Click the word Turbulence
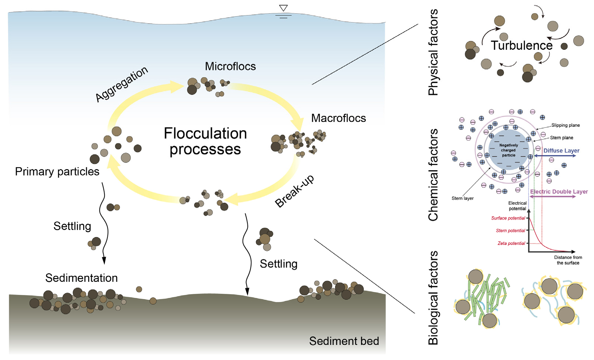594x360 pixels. tap(521, 45)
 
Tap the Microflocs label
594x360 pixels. tap(230, 66)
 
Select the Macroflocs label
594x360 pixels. tap(339, 118)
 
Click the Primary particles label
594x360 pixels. tap(57, 172)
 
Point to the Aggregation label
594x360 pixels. tap(121, 84)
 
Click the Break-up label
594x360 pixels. tap(295, 191)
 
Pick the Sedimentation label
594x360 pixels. tap(82, 278)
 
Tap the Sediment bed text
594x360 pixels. tap(344, 341)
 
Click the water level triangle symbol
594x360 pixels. tap(283, 8)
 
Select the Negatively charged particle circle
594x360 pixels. tap(508, 150)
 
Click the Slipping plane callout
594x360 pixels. tap(565, 125)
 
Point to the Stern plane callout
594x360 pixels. tap(562, 138)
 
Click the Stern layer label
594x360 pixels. tap(462, 198)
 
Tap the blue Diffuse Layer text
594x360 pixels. tap(561, 151)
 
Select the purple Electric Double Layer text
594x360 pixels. tap(559, 192)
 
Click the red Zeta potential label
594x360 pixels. tap(511, 243)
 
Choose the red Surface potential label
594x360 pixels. tap(508, 218)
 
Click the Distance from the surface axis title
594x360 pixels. tap(568, 260)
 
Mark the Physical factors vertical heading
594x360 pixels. tap(433, 52)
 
